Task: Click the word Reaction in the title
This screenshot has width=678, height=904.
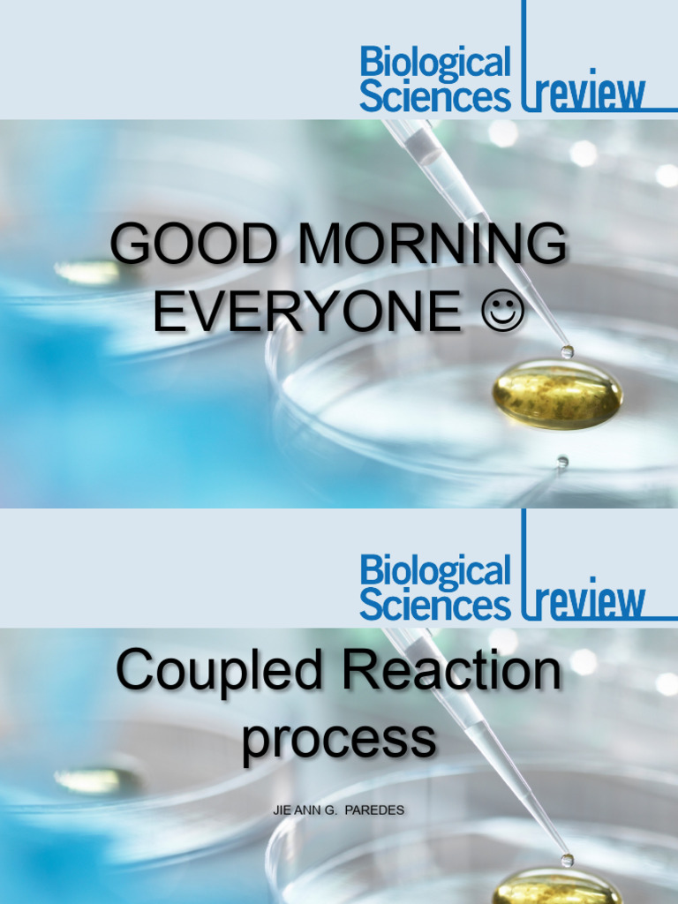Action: pos(452,671)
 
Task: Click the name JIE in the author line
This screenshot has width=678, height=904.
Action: pos(282,810)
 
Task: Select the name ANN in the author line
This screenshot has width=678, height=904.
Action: pos(309,810)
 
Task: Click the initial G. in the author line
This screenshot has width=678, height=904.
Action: pos(336,810)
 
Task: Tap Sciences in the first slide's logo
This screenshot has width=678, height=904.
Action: pos(435,96)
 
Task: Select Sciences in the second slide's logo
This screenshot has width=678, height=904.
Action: pos(435,605)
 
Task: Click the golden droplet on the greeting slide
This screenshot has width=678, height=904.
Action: pos(556,393)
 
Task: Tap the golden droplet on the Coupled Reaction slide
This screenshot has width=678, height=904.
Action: pos(556,890)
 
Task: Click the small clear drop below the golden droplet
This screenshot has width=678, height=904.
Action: pos(562,461)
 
